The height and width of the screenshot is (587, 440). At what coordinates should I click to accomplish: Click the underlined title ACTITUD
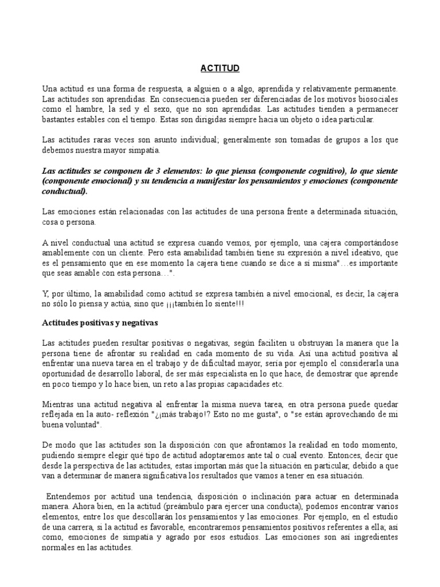coord(220,68)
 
